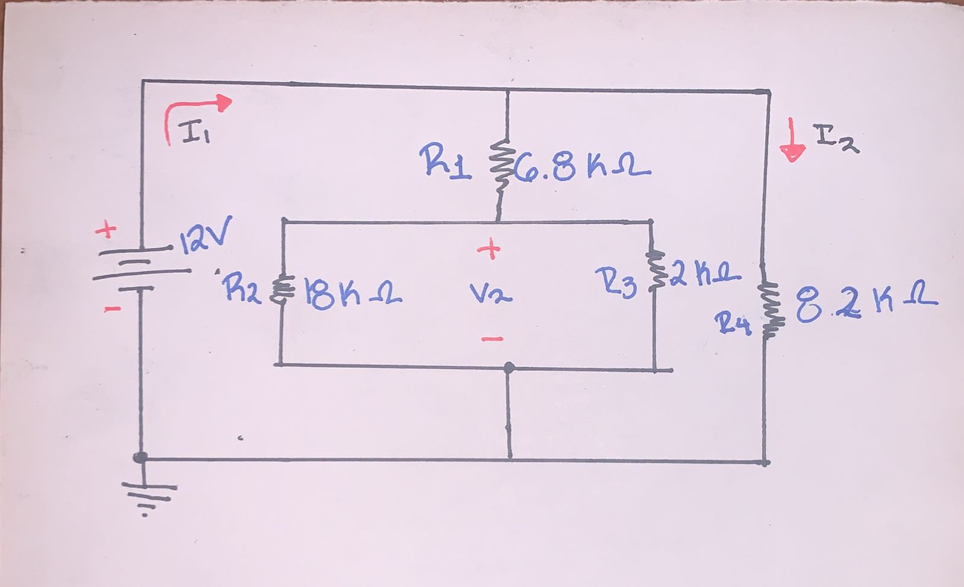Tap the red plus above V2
[491, 248]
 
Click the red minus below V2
[492, 339]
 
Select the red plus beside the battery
[105, 230]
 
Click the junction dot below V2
[509, 367]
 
